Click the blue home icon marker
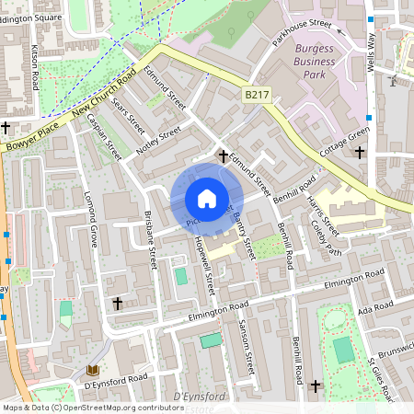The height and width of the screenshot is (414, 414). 207,199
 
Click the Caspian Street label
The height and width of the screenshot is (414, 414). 104,137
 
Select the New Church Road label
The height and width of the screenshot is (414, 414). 96,106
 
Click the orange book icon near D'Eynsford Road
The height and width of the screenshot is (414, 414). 91,370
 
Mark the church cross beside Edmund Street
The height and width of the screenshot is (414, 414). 224,157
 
